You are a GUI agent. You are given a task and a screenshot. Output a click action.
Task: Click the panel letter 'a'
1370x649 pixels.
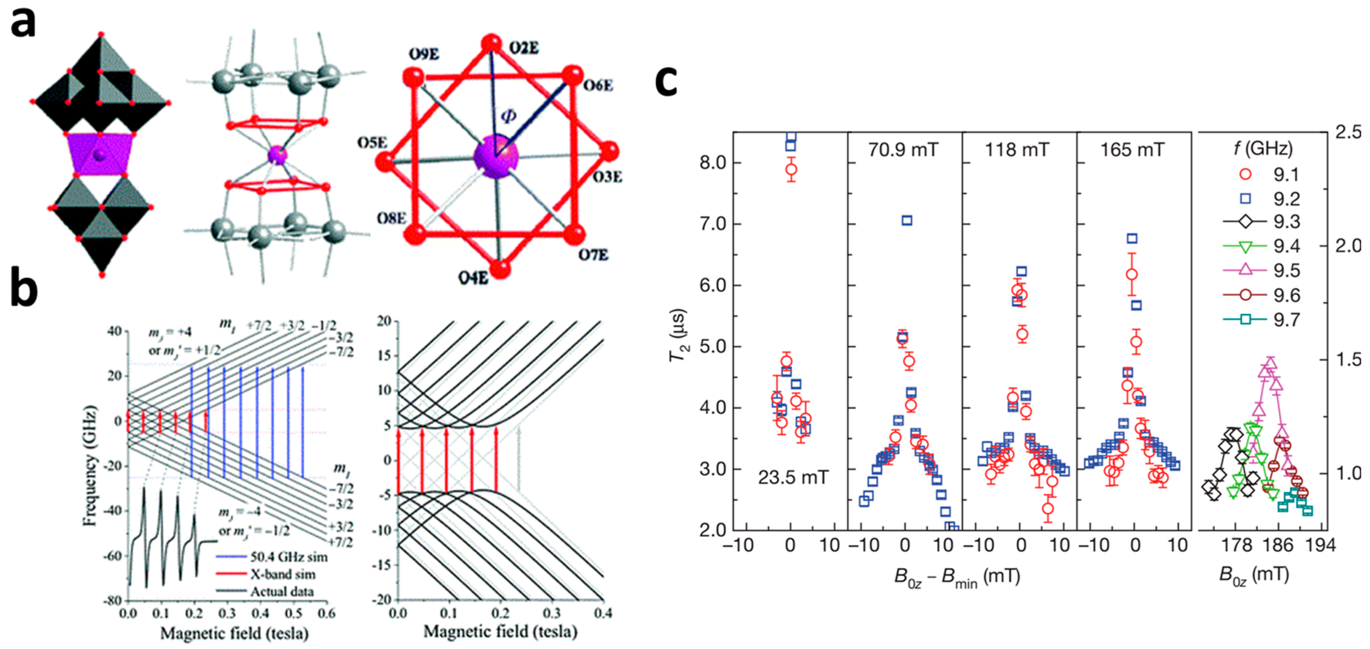[23, 24]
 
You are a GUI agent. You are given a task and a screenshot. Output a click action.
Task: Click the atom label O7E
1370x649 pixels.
[593, 256]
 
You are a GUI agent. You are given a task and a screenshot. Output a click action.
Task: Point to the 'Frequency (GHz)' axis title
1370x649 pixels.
[90, 466]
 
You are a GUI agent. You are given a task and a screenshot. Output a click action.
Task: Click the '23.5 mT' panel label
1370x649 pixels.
[792, 477]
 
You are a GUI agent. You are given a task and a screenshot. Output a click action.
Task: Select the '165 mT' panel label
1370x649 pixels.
[1132, 150]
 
